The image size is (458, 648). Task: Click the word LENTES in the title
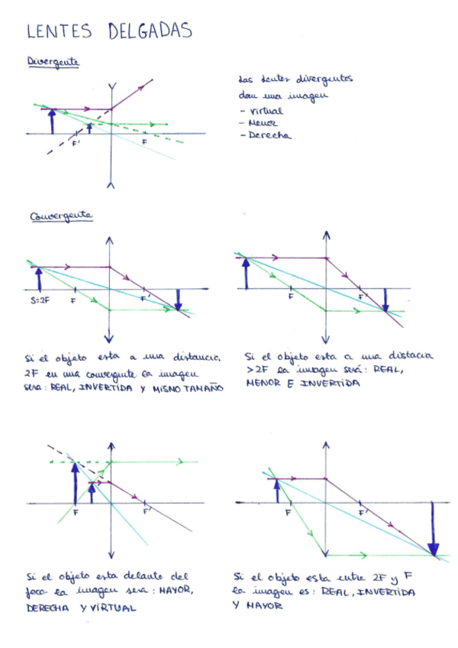click(59, 31)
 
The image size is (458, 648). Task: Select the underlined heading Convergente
click(61, 216)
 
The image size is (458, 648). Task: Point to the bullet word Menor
click(262, 123)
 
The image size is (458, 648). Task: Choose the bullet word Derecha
click(267, 136)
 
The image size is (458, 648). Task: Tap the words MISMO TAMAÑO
click(186, 388)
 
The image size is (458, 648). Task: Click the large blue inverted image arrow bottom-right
click(434, 529)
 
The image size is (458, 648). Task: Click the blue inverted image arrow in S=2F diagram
click(178, 299)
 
